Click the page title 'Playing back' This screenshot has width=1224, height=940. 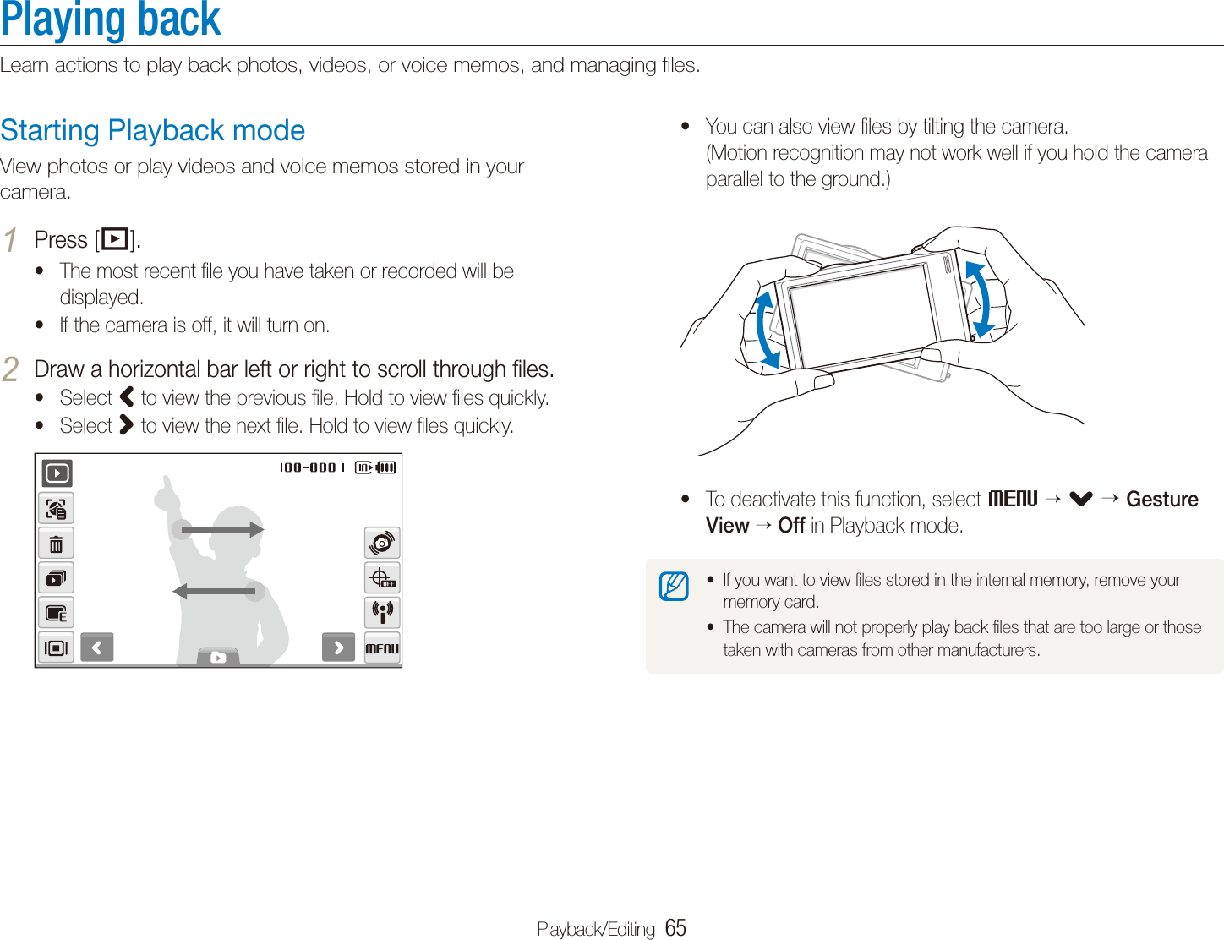tap(111, 20)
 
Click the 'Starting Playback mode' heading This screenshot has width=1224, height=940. tap(153, 131)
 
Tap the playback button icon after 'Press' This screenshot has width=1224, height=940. tap(114, 240)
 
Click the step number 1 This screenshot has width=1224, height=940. tap(10, 240)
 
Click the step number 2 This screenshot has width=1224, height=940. tap(10, 369)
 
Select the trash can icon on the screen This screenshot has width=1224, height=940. tap(56, 544)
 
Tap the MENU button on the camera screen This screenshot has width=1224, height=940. tap(382, 648)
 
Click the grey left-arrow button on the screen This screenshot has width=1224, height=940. tap(97, 648)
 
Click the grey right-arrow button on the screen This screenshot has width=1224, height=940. tap(338, 648)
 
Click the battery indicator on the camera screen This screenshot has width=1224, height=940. tap(386, 467)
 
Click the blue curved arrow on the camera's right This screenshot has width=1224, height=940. tap(980, 298)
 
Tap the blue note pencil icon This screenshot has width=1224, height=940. tap(674, 586)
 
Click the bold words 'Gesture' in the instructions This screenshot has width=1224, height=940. tap(1161, 500)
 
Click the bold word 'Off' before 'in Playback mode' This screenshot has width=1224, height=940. tap(791, 526)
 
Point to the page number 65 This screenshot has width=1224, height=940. tap(675, 928)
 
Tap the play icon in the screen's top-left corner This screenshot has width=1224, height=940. tap(57, 473)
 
